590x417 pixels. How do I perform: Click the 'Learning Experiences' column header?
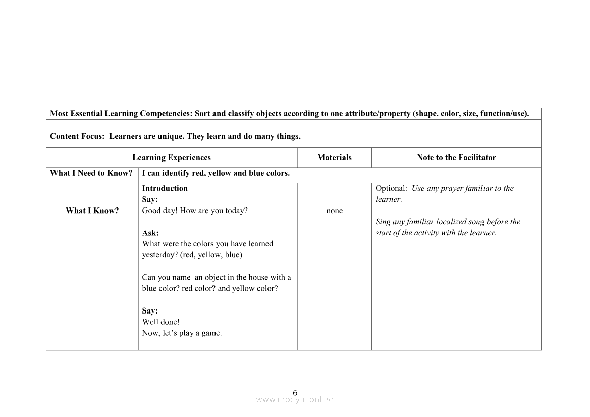click(172, 158)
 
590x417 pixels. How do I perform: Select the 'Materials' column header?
click(334, 158)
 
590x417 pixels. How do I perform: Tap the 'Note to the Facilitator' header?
click(456, 158)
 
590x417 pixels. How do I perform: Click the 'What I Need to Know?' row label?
click(91, 173)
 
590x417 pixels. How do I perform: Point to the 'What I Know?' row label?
click(92, 211)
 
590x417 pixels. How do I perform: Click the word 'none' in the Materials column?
click(334, 211)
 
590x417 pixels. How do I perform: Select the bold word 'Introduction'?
click(165, 188)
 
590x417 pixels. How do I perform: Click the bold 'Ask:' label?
click(150, 233)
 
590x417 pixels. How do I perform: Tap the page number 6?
click(295, 393)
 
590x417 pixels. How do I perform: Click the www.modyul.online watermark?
click(295, 400)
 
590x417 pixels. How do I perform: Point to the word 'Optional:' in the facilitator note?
click(391, 188)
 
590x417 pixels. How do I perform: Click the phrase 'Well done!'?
click(160, 322)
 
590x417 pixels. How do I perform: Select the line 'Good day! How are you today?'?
click(195, 211)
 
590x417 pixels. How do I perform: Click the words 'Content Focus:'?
click(77, 136)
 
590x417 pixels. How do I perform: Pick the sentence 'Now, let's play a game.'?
click(182, 333)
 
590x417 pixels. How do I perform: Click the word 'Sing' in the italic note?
click(383, 222)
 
